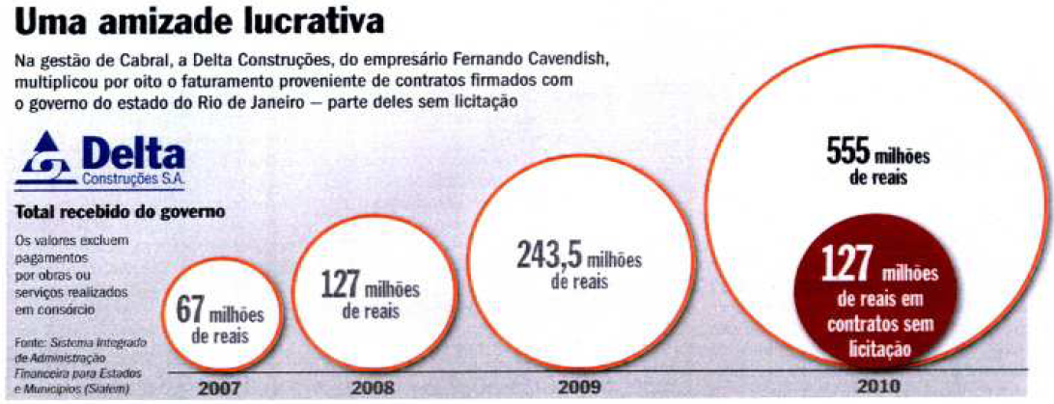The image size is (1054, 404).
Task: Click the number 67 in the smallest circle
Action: (x=191, y=310)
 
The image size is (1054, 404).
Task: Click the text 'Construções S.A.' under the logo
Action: (x=137, y=180)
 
